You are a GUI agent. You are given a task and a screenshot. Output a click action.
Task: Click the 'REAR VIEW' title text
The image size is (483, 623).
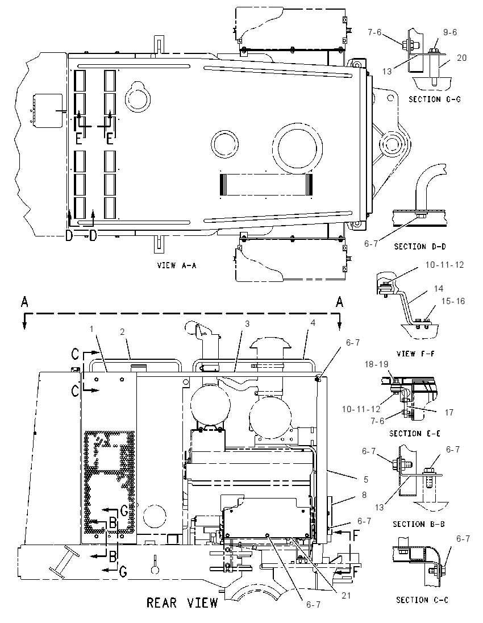[x=182, y=603]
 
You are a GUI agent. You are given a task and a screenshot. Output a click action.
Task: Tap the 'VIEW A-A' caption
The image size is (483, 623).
[x=177, y=265]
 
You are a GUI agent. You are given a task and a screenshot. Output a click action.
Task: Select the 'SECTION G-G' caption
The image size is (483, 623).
[x=435, y=99]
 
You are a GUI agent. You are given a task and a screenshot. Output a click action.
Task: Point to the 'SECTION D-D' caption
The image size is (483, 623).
[x=420, y=246]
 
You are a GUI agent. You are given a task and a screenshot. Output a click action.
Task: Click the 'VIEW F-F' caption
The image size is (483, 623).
[x=416, y=353]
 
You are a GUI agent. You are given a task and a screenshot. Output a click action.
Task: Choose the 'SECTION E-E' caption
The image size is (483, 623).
[x=415, y=433]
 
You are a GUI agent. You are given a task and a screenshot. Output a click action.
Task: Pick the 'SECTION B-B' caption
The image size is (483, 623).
[x=419, y=524]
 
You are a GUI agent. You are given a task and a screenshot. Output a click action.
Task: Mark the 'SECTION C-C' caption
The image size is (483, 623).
[x=422, y=600]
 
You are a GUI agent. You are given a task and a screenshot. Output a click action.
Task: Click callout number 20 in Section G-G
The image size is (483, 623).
[x=461, y=58]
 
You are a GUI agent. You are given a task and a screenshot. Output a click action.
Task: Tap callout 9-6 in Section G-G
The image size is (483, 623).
[x=450, y=32]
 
